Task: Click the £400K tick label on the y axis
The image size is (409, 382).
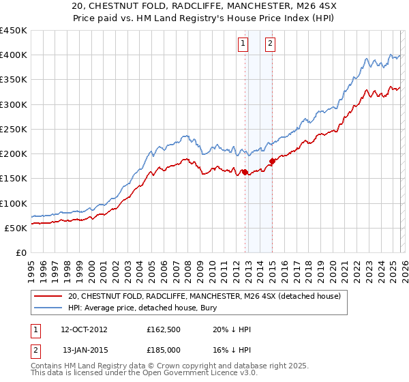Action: click(x=14, y=55)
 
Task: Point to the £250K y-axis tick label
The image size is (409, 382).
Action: click(x=14, y=129)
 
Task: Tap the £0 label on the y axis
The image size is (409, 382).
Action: click(x=20, y=252)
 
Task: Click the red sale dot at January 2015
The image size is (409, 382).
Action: click(x=272, y=161)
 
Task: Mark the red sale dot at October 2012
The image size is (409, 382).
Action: click(x=245, y=172)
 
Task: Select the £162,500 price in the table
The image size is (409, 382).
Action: click(x=166, y=329)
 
